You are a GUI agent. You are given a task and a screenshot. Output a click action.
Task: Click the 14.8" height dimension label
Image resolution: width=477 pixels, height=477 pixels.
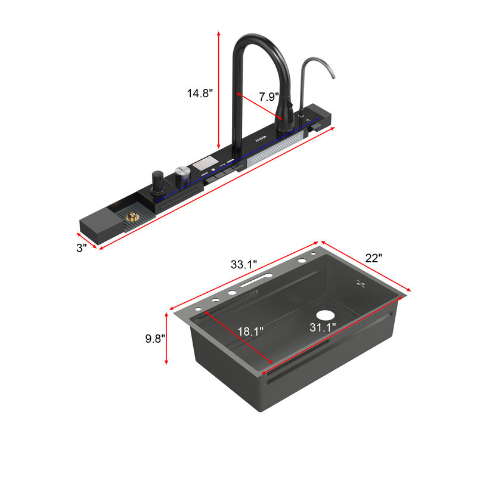[199, 93]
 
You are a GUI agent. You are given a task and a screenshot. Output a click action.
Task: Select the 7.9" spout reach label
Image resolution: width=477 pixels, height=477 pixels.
[268, 96]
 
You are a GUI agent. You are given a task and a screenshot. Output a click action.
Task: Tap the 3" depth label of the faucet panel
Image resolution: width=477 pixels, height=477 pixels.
[81, 247]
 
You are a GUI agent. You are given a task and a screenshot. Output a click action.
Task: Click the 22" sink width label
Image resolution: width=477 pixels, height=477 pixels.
[373, 258]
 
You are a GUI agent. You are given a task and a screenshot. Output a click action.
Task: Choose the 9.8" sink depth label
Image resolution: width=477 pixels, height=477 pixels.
[155, 339]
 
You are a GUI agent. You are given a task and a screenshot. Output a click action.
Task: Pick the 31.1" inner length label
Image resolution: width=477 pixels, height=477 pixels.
[322, 327]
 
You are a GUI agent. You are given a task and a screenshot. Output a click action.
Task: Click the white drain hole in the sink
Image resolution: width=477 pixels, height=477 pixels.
[326, 314]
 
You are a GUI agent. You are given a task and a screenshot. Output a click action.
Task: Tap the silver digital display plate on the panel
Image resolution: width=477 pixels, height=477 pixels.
[202, 163]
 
